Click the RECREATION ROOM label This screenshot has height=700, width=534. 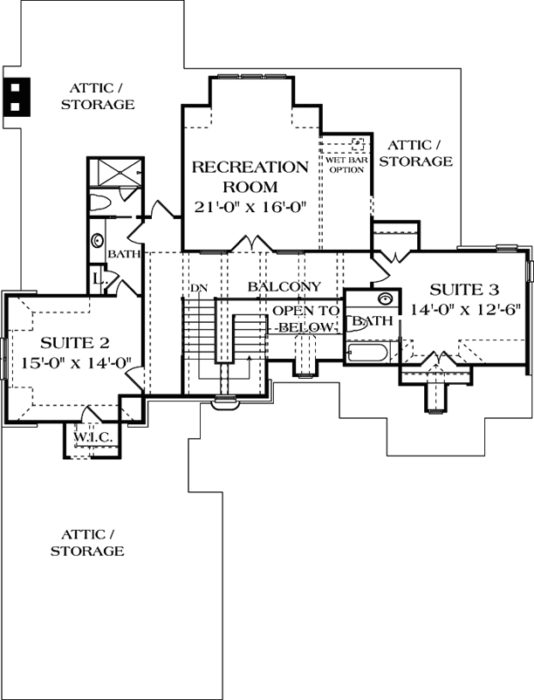point(250,176)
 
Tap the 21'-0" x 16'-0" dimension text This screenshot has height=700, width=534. point(250,207)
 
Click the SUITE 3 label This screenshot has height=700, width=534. point(451,290)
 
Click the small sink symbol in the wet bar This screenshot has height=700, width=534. point(356,144)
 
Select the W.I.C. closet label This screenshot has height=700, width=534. point(90,436)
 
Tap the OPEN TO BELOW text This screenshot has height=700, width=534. point(304,319)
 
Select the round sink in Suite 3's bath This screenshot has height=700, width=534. point(385,298)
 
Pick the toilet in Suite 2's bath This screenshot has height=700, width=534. point(99,204)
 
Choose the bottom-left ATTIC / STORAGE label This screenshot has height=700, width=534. point(86,542)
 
